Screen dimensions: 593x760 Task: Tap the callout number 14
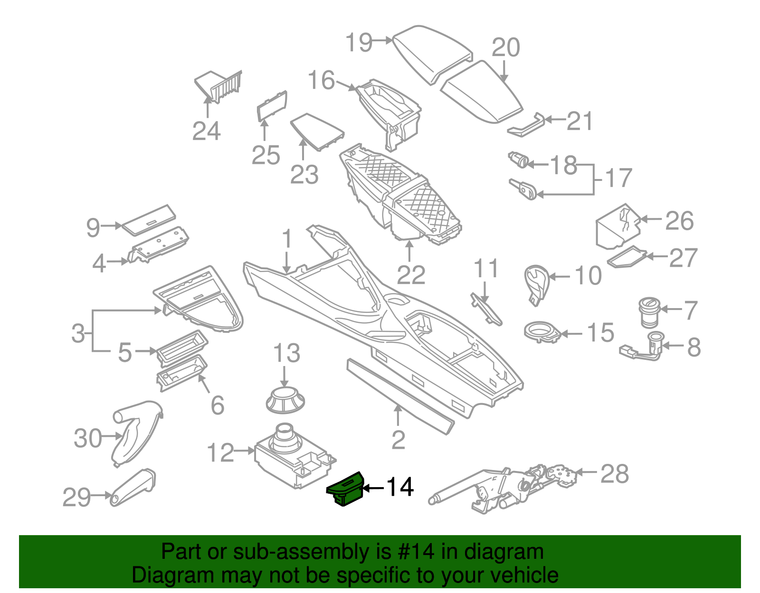tap(400, 487)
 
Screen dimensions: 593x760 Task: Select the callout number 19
tap(359, 42)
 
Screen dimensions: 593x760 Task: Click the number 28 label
tap(615, 474)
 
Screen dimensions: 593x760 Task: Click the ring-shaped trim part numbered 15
tap(542, 331)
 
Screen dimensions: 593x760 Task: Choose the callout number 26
tap(679, 221)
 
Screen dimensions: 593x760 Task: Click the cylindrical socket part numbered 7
tap(649, 312)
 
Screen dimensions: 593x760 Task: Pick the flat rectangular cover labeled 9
tap(148, 220)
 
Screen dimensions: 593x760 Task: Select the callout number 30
tap(88, 438)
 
